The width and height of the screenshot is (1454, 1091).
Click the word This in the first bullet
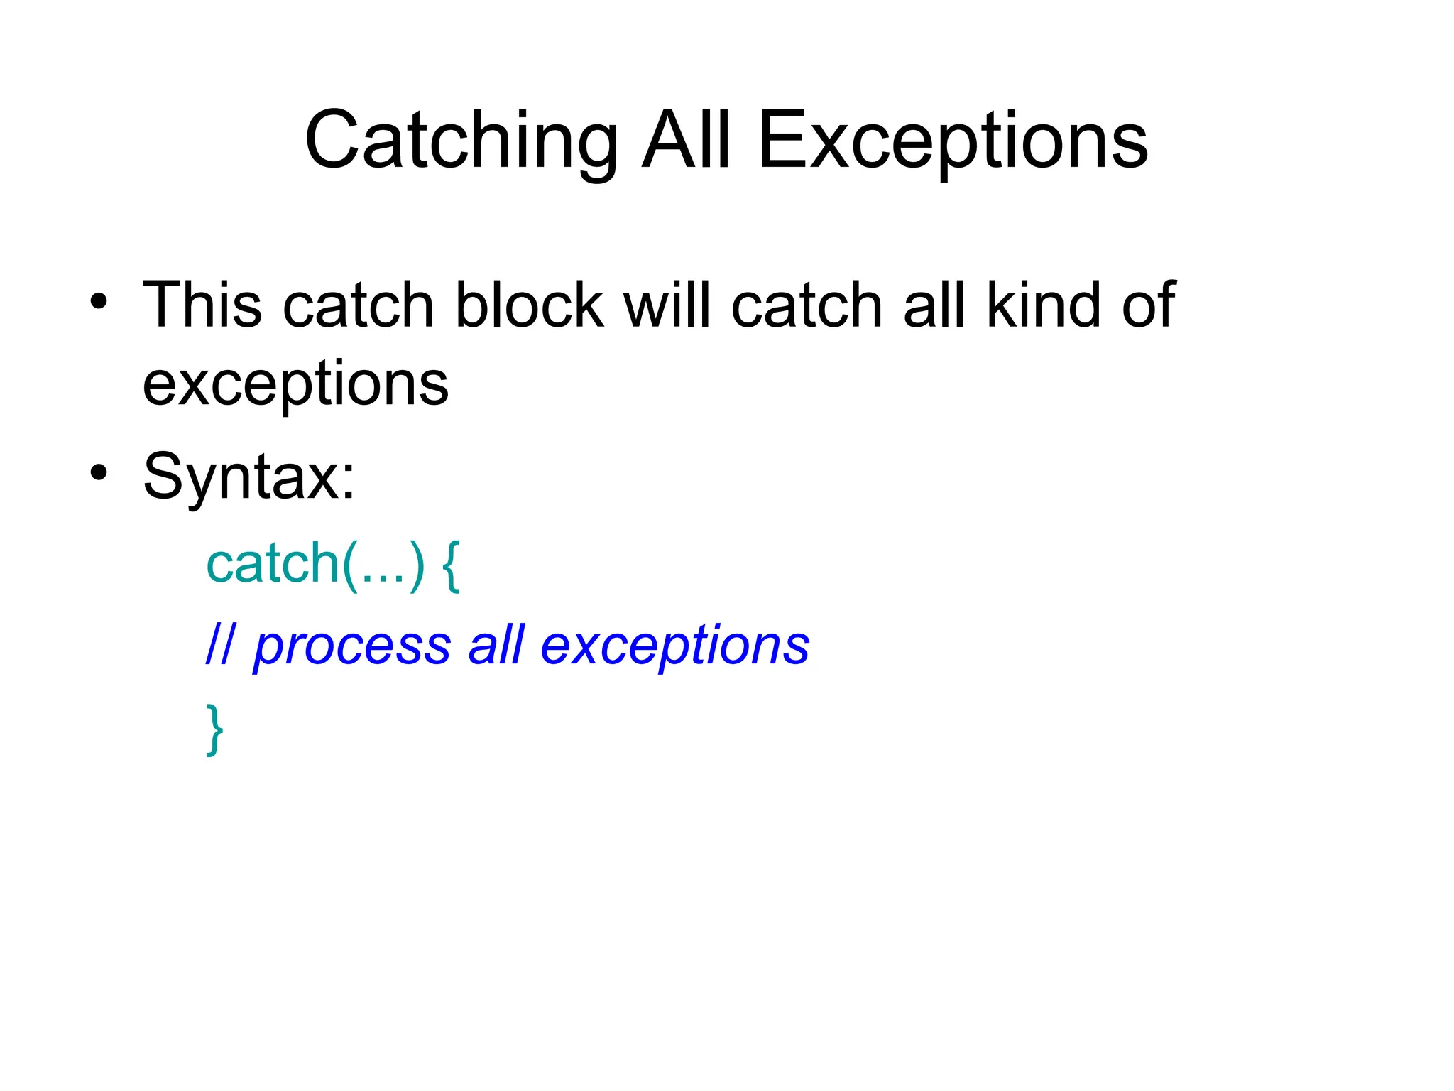[x=202, y=305]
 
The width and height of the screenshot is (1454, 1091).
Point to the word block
[x=529, y=305]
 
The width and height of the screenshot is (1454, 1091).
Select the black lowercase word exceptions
[x=295, y=384]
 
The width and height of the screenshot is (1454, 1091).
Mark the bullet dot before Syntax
[x=99, y=472]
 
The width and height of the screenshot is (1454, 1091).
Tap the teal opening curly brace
[x=451, y=565]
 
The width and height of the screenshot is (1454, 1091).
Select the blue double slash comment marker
[x=219, y=645]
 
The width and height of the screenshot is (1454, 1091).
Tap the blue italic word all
[x=496, y=645]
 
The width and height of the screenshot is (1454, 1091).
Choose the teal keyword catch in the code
[x=272, y=564]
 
